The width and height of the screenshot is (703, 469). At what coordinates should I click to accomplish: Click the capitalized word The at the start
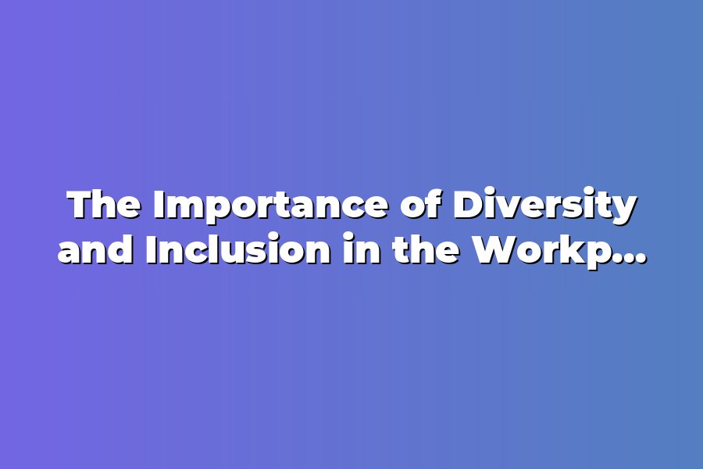[105, 206]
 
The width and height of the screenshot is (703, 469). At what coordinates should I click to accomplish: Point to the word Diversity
[544, 207]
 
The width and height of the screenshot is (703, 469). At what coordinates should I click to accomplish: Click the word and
[95, 249]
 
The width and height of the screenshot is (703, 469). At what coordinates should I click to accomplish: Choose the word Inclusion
[238, 249]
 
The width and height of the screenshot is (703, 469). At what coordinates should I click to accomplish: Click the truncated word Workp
[537, 252]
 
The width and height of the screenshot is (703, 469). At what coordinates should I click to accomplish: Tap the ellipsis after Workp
[625, 259]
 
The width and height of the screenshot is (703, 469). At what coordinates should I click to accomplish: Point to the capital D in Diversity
[469, 206]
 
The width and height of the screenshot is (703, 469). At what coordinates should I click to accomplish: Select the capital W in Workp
[497, 249]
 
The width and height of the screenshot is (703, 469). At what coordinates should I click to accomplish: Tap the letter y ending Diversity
[622, 213]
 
